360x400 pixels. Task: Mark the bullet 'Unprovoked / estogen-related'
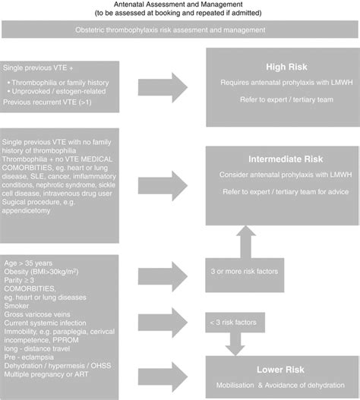(x=55, y=90)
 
